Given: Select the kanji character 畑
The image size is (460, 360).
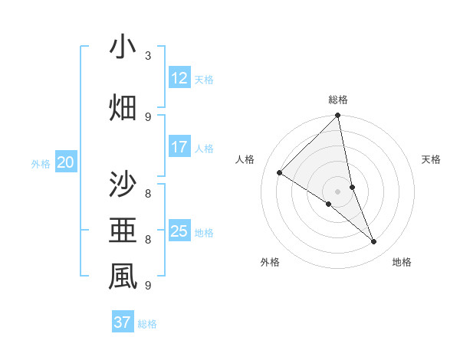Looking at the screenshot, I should click(x=123, y=108).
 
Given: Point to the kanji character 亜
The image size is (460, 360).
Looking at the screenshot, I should click(x=123, y=230).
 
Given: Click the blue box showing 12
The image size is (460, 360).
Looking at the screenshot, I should click(x=179, y=78).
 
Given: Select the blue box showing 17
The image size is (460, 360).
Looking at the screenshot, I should click(x=179, y=147).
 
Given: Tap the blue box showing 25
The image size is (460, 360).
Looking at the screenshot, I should click(x=179, y=231).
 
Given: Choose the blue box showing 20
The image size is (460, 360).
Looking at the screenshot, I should click(x=66, y=162).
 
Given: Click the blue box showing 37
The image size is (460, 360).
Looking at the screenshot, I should click(x=122, y=322).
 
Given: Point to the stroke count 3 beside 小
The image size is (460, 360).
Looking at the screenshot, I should click(x=147, y=55).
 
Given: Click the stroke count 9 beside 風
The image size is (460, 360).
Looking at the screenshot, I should click(x=147, y=285).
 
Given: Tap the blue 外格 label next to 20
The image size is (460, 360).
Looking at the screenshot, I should click(x=41, y=163).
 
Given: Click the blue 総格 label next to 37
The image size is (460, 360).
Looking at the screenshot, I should click(x=147, y=324).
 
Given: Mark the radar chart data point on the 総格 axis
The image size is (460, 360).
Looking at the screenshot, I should click(x=337, y=116).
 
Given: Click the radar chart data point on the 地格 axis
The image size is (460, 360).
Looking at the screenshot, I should click(x=374, y=242).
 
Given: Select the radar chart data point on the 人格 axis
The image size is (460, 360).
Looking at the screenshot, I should click(x=279, y=172).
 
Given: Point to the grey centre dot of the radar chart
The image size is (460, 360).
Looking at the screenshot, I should click(x=337, y=191).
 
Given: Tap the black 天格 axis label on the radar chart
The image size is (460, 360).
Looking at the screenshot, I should click(x=432, y=159).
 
